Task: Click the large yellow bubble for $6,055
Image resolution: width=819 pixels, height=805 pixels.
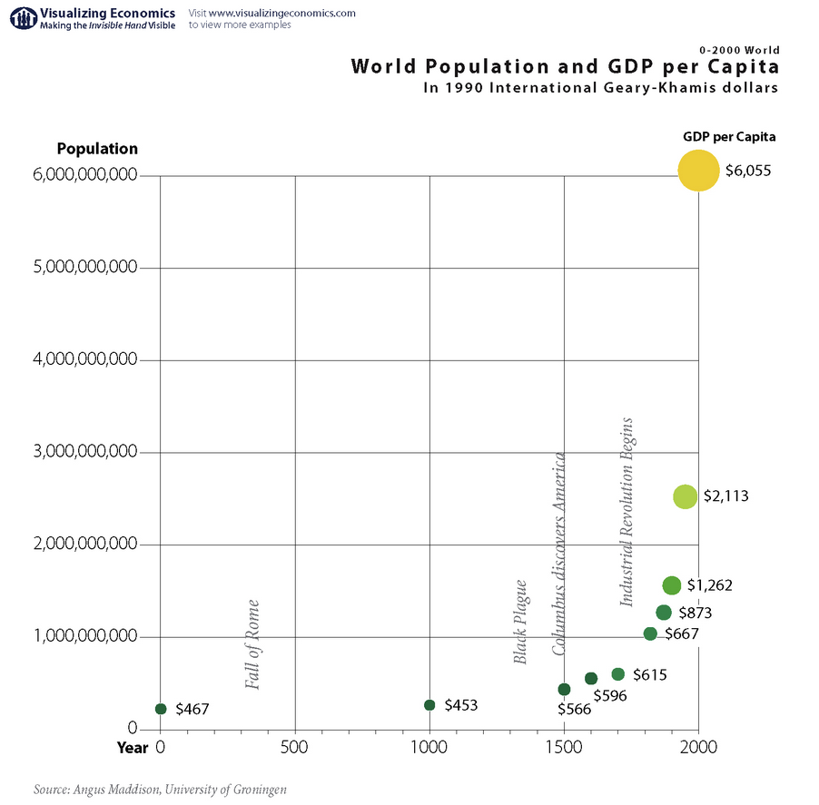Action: [697, 170]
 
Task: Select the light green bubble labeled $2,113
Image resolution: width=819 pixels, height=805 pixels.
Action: [685, 496]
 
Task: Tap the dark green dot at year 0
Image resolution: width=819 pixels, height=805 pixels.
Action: [161, 709]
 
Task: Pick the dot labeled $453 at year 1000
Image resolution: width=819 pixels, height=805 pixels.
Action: [429, 705]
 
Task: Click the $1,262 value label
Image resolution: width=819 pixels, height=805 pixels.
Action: [709, 585]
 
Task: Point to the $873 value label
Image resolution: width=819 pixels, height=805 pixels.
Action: [696, 613]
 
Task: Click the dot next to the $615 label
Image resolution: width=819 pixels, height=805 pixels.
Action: [617, 674]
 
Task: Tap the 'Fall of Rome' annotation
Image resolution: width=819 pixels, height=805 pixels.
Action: [253, 644]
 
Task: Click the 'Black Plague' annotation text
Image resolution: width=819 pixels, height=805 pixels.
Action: [521, 622]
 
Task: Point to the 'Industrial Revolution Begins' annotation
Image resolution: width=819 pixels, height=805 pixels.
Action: [627, 512]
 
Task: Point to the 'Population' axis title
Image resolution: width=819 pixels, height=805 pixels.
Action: [97, 149]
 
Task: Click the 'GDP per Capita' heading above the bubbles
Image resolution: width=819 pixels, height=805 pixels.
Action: [729, 137]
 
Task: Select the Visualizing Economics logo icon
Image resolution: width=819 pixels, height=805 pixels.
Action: [19, 17]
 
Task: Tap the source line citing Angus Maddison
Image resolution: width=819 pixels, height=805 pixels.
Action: [160, 790]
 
